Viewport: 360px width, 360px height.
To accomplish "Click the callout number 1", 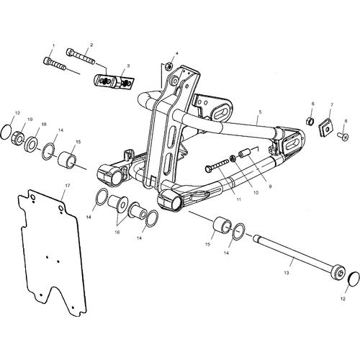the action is [x=53, y=45].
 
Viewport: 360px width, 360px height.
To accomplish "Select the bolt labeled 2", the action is [x=80, y=56].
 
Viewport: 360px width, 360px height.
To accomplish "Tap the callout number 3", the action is [x=128, y=66].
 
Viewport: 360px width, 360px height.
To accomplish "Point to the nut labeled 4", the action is [x=168, y=66].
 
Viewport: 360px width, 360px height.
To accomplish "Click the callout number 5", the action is [x=260, y=112].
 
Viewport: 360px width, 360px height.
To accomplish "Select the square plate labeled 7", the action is [x=325, y=130].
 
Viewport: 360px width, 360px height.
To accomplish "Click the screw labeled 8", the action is [x=343, y=137].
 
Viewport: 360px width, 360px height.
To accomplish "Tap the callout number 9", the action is [x=270, y=186].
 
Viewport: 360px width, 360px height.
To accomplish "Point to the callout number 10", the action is [x=256, y=192].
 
